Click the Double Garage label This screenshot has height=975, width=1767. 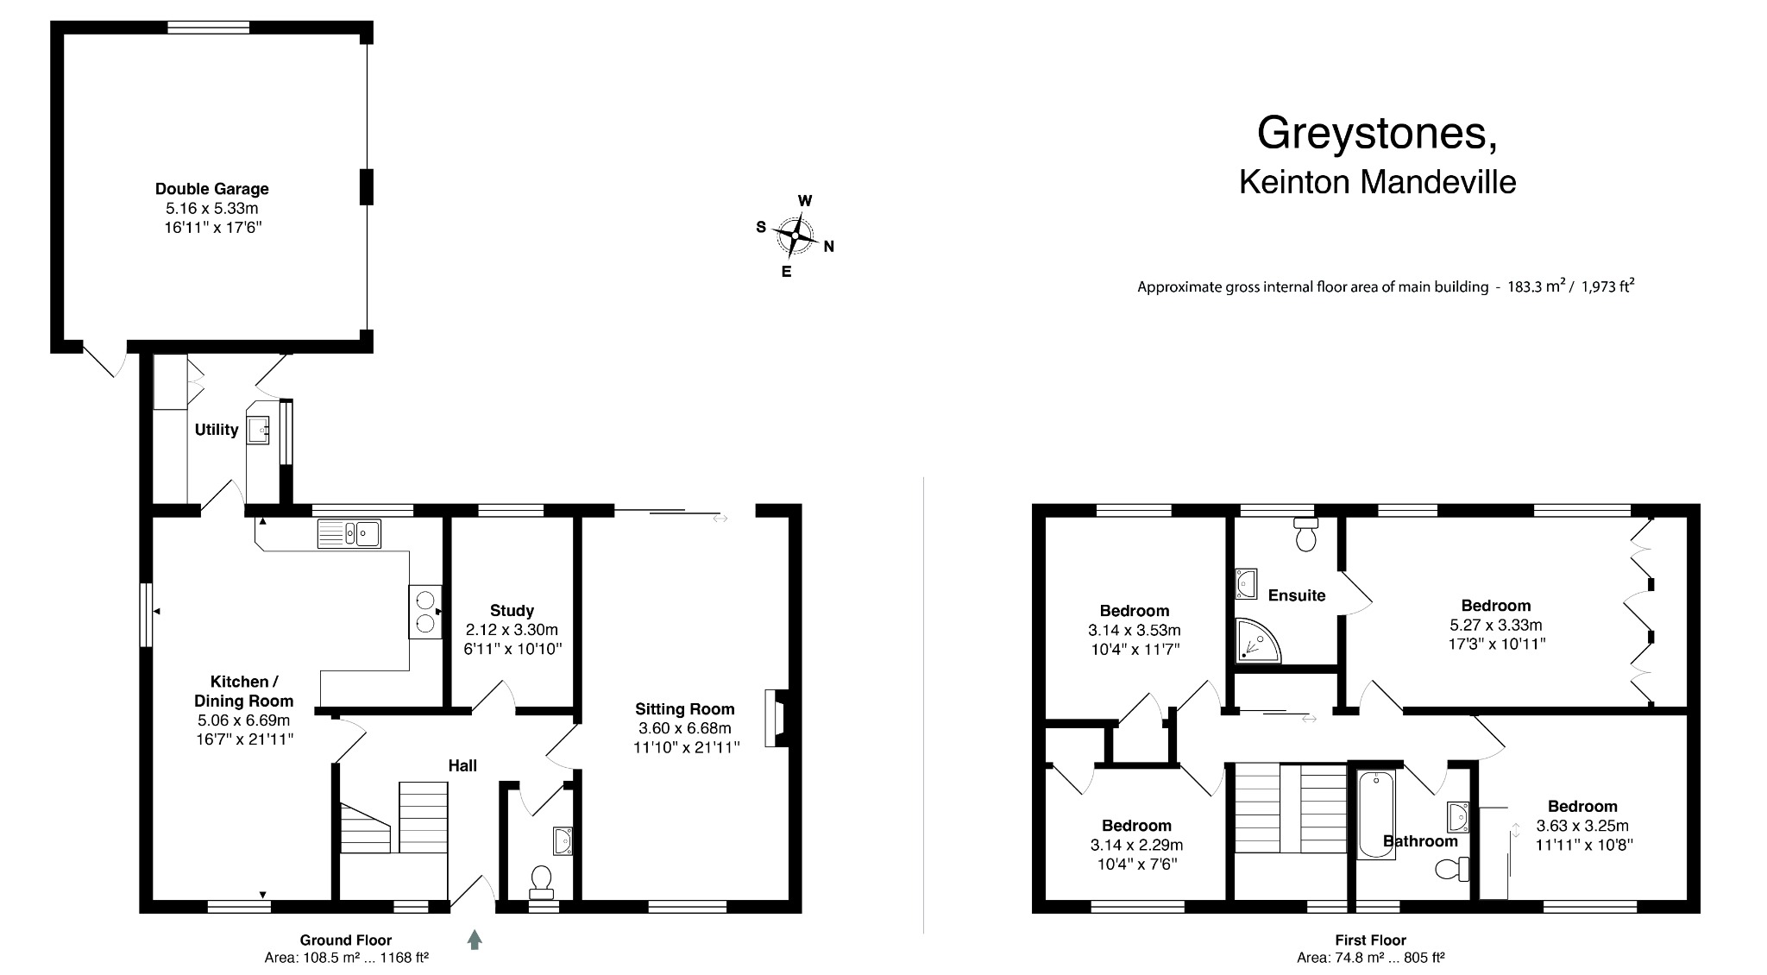tap(211, 189)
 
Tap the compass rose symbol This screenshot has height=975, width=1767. tap(795, 235)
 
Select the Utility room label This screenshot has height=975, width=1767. tap(216, 430)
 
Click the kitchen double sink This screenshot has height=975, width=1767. tap(349, 533)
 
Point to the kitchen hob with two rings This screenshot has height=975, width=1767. tap(424, 612)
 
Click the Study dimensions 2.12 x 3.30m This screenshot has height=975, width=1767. tap(512, 630)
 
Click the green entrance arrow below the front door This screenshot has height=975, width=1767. tap(475, 940)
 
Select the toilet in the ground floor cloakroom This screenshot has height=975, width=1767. tap(542, 878)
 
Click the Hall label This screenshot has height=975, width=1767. tap(462, 765)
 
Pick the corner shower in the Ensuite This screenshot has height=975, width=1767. tap(1255, 642)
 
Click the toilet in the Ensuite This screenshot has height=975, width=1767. tap(1305, 536)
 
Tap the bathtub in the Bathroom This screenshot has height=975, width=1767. tap(1376, 815)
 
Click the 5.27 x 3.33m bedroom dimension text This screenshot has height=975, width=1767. tap(1495, 626)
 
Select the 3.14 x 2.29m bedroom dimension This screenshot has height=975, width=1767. tap(1136, 846)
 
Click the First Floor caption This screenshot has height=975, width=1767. tap(1370, 940)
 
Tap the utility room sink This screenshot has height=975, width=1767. tap(258, 429)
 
